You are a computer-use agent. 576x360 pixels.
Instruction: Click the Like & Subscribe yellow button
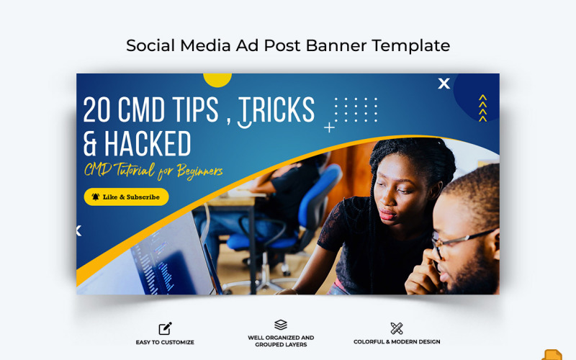[x=126, y=197]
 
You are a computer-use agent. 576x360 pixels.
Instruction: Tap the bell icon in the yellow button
[x=95, y=197]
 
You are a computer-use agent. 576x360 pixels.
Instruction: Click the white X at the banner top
[x=444, y=84]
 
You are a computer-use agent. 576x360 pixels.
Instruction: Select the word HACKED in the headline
[x=148, y=144]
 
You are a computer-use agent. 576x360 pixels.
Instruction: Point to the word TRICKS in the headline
[x=276, y=110]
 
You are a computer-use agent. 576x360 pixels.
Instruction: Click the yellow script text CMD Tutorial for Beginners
[x=153, y=171]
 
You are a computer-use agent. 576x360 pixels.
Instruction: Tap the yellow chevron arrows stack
[x=482, y=108]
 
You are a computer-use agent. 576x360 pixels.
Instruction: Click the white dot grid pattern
[x=356, y=109]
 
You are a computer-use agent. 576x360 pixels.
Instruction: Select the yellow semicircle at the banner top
[x=217, y=78]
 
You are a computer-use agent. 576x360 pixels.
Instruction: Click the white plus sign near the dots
[x=329, y=127]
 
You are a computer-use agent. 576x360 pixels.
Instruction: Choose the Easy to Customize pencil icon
[x=165, y=328]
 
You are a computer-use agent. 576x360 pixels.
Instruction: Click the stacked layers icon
[x=281, y=325]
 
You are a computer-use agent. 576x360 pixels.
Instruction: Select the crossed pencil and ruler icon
[x=397, y=328]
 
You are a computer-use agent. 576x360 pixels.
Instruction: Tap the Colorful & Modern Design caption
[x=397, y=342]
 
